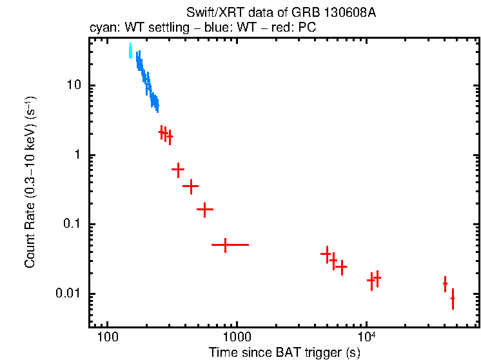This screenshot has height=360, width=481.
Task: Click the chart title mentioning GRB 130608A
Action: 280,13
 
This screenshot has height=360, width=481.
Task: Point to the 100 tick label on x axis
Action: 107,337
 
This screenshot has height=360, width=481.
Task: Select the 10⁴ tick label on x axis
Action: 367,336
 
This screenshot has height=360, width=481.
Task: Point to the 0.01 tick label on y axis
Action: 67,294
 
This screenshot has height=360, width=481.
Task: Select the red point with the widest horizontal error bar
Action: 225,245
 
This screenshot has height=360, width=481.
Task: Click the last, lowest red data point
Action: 453,299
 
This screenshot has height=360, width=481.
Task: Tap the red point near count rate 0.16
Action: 204,210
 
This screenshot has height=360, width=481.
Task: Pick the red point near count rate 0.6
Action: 178,169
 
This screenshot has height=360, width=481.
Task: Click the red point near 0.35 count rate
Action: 190,186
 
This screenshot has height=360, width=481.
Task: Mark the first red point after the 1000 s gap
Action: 326,254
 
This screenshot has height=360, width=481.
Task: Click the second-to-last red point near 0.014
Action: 445,283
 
